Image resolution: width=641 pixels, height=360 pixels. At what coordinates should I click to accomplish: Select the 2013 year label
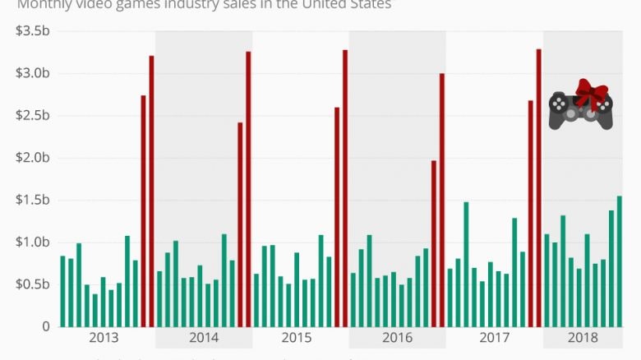(x=103, y=338)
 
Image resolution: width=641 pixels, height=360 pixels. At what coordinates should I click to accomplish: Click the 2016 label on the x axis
(x=397, y=338)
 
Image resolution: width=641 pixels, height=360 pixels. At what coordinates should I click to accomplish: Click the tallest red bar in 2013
(x=151, y=191)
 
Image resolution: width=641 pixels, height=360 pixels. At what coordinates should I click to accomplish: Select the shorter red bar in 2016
(x=434, y=243)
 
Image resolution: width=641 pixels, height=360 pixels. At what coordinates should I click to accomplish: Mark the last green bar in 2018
(x=619, y=261)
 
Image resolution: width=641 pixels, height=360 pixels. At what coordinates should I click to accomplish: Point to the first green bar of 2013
(x=62, y=291)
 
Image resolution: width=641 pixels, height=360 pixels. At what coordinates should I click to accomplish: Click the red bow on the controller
(x=590, y=93)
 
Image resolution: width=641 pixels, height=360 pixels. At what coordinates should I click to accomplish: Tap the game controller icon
(x=579, y=111)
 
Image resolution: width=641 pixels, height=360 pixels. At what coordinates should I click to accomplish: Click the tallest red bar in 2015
(x=345, y=188)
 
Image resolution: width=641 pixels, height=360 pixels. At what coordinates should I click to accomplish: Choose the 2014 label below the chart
(x=204, y=338)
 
